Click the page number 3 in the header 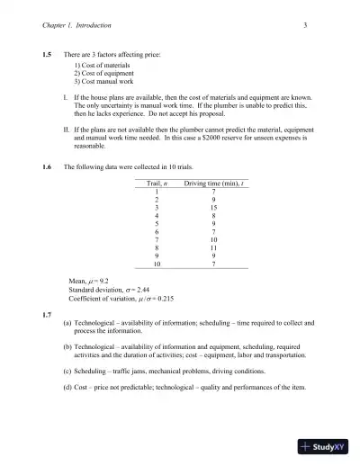306,24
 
